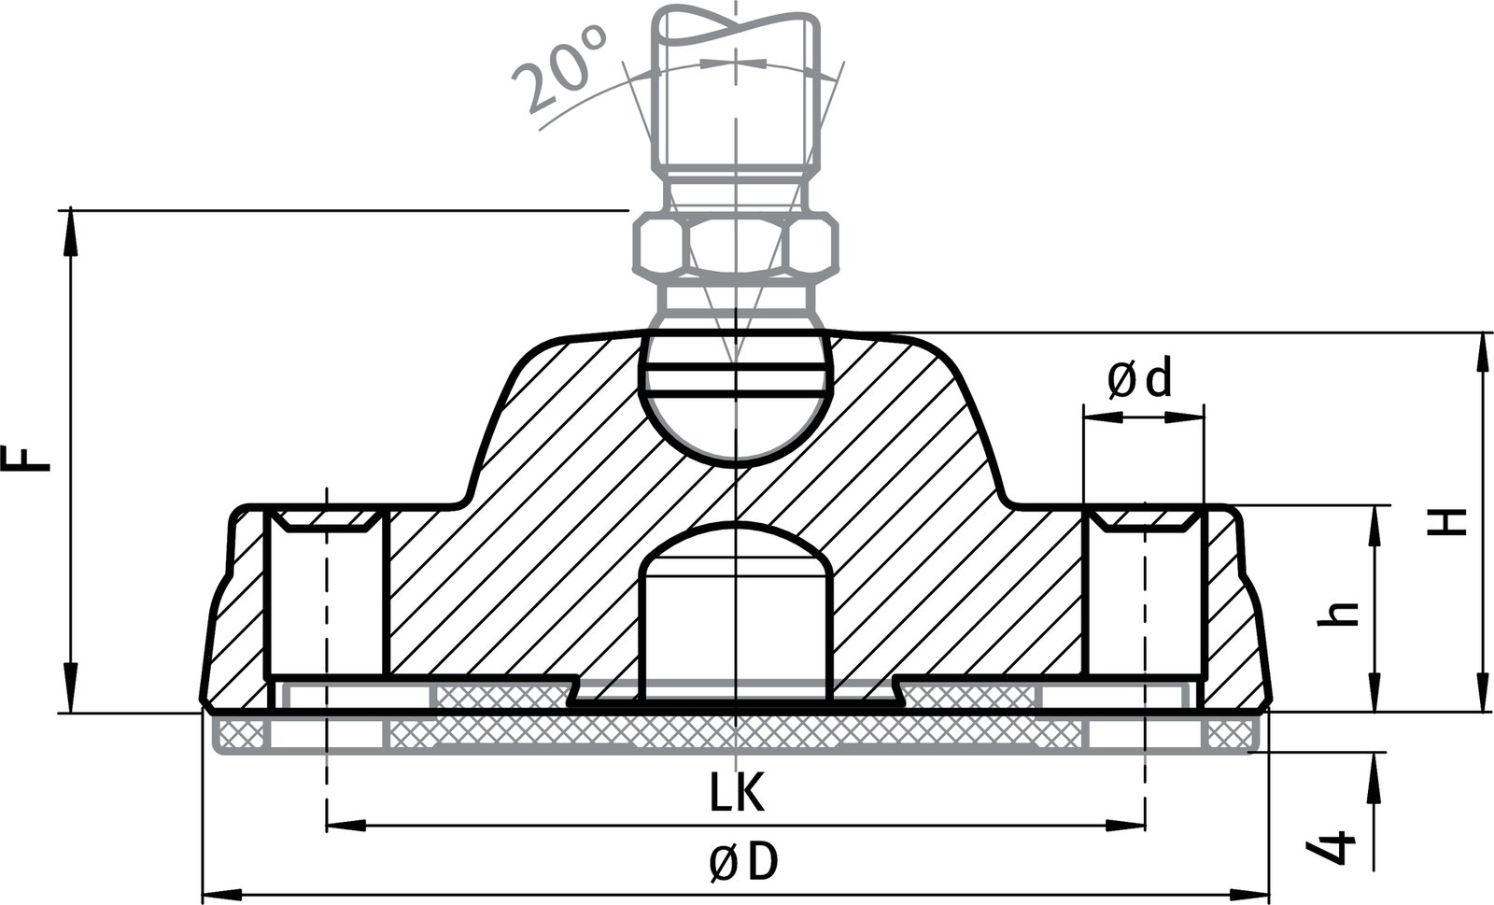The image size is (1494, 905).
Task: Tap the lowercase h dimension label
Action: coord(1342,612)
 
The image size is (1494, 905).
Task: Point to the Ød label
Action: coord(1138,380)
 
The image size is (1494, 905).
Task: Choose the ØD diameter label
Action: coord(742,863)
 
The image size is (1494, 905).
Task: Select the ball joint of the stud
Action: coord(736,397)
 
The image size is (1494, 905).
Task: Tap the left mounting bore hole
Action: coord(326,598)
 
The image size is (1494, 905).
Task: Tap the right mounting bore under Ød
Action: coord(1143,598)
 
